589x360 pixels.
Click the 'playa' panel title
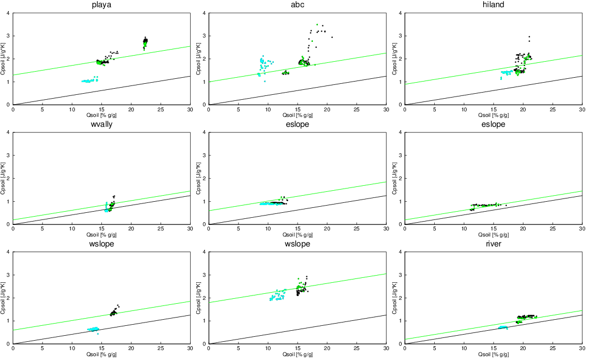pos(101,5)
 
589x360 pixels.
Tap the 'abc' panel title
pos(298,5)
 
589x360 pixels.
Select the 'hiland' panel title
pos(493,5)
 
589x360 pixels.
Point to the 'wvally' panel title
pos(101,125)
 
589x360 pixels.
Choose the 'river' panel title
pos(493,244)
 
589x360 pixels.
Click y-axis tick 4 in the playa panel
pos(9,13)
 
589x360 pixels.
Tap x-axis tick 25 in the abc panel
pos(356,110)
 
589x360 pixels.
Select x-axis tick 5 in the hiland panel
pos(435,110)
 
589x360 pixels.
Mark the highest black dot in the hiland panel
pos(529,37)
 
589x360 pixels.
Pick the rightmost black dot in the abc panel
pos(332,37)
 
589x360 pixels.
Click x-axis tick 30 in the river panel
pos(582,350)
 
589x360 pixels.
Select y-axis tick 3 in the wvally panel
pos(9,155)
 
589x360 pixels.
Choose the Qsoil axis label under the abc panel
pos(298,115)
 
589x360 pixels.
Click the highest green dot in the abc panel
pos(317,25)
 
